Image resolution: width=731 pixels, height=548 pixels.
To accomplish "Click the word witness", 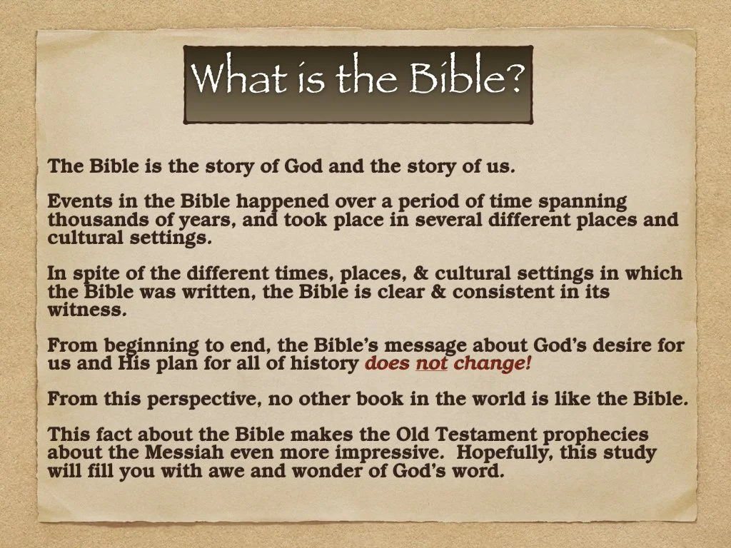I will click(86, 310).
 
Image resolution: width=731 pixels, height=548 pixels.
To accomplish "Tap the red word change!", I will click(493, 364).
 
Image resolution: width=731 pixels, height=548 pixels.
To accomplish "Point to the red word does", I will click(386, 364).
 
